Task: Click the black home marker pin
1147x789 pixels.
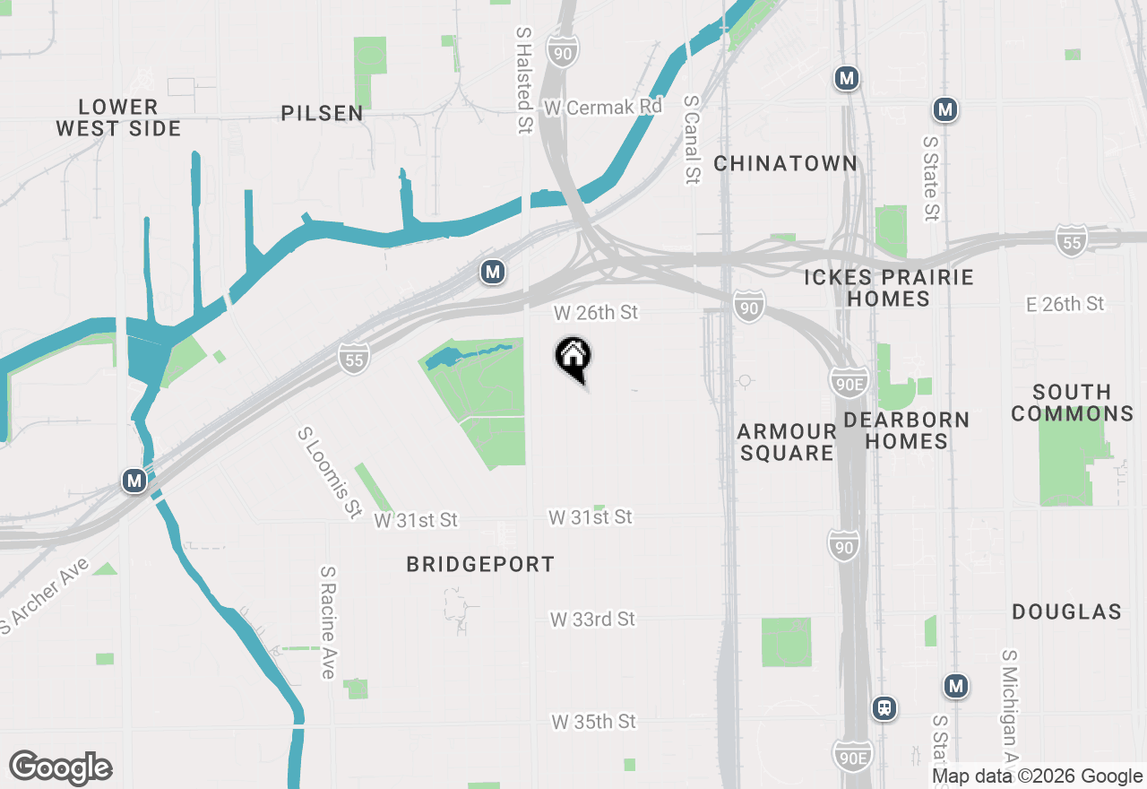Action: coord(573,358)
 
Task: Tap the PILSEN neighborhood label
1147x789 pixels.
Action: coord(323,113)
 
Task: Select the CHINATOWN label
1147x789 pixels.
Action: coord(786,163)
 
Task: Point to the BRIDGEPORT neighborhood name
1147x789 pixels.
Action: coord(480,564)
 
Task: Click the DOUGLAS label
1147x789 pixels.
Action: coord(1066,611)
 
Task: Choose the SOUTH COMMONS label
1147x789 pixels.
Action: coord(1072,403)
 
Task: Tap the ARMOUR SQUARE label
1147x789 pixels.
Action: coord(787,442)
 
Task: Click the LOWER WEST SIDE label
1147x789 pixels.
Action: coord(118,117)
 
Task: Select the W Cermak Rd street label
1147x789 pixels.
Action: coord(602,107)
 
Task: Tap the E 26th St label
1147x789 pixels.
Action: coord(1065,304)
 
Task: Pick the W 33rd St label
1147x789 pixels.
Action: coord(592,620)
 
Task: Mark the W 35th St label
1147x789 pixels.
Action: coord(593,722)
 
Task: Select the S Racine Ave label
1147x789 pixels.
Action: coord(328,621)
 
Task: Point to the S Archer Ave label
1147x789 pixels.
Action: coord(45,595)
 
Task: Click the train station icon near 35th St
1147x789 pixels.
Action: coord(884,708)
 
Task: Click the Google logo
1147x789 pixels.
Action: coord(61,767)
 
